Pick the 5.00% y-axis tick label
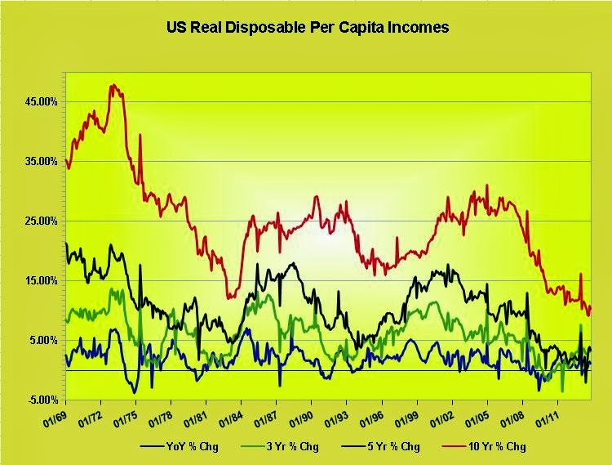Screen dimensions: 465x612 pyautogui.click(x=42, y=340)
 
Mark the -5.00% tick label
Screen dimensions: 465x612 pyautogui.click(x=41, y=400)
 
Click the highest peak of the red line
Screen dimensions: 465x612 pyautogui.click(x=113, y=84)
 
